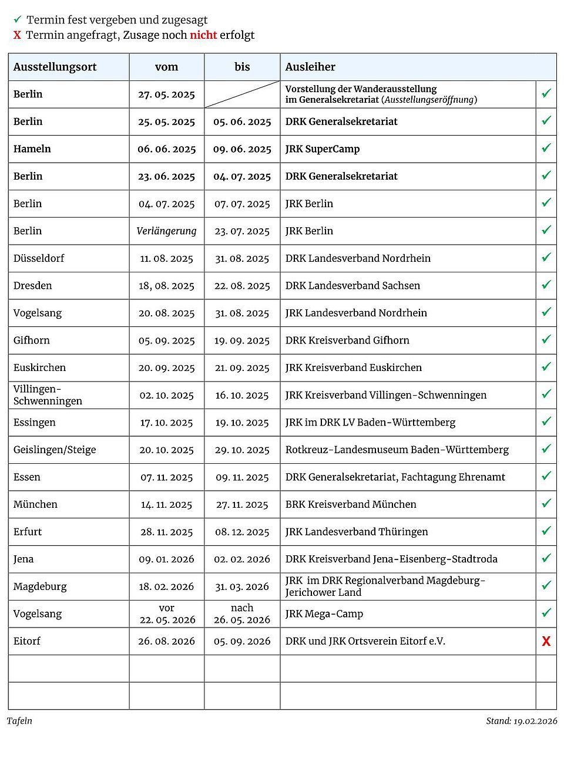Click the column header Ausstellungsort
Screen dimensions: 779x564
coord(55,67)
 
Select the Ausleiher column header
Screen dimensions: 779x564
coord(310,67)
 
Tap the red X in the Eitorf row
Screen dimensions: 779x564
coord(546,641)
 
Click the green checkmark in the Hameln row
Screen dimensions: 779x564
coord(546,148)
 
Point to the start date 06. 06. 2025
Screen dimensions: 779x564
coord(167,149)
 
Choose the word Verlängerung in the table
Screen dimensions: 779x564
coord(167,231)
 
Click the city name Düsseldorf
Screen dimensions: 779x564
coord(39,258)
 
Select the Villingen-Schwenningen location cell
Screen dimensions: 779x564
coord(48,395)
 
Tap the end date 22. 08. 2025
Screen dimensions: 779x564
coord(242,286)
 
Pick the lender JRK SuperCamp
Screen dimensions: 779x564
coord(323,149)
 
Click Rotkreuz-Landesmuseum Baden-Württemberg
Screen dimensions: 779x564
coord(397,450)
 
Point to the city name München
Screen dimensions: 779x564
coord(35,504)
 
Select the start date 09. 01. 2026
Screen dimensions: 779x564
coord(167,559)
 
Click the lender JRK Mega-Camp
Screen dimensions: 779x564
coord(324,614)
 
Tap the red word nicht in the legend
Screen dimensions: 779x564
coord(203,35)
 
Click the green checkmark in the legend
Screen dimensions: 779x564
coord(18,20)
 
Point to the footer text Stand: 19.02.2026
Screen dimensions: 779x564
coord(521,721)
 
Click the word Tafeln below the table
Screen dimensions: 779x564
coord(19,721)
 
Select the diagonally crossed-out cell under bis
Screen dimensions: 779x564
coord(242,95)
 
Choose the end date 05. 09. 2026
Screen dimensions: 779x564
coord(242,642)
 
